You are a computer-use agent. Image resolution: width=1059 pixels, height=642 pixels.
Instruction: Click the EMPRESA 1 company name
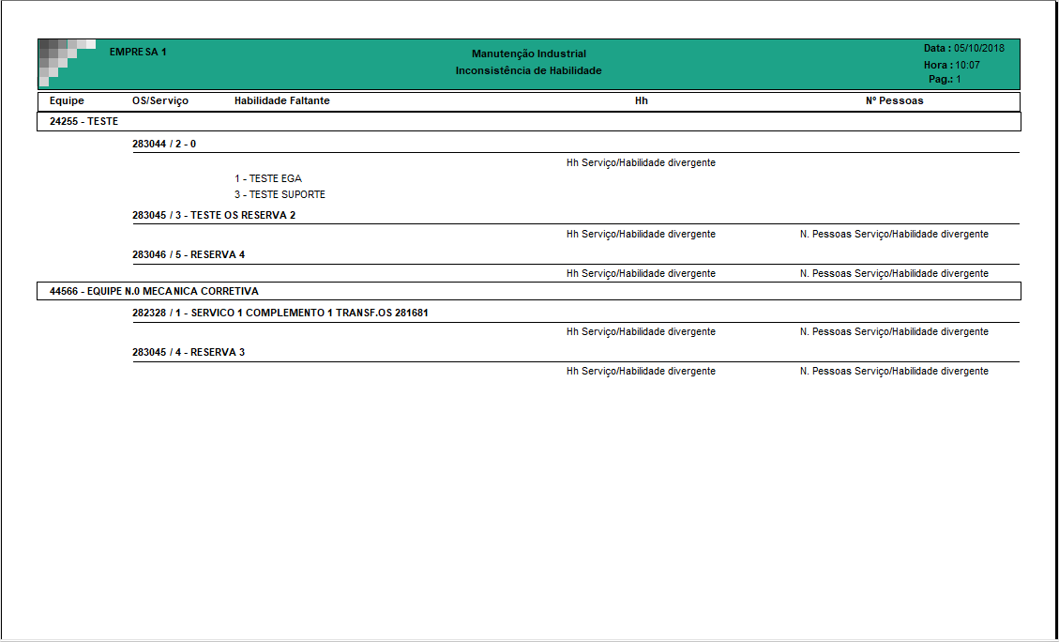pyautogui.click(x=138, y=52)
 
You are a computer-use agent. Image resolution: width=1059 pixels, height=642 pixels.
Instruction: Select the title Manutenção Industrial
pyautogui.click(x=529, y=53)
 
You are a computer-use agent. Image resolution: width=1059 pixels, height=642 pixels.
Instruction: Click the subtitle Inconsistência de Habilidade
pyautogui.click(x=529, y=70)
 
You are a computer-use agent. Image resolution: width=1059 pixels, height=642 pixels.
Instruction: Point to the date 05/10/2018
pyautogui.click(x=979, y=48)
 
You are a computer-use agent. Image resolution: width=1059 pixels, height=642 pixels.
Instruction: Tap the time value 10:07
pyautogui.click(x=968, y=65)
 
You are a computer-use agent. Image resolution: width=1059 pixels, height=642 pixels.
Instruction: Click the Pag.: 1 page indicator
pyautogui.click(x=945, y=80)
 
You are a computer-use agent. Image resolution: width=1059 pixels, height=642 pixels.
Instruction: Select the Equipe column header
pyautogui.click(x=67, y=100)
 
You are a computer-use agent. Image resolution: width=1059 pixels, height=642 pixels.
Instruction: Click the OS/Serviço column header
pyautogui.click(x=160, y=100)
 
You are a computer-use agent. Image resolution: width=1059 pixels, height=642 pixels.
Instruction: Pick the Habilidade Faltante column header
pyautogui.click(x=282, y=100)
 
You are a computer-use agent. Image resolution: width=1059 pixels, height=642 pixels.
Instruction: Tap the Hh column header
pyautogui.click(x=642, y=100)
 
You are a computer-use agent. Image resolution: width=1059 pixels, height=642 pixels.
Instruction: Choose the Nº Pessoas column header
pyautogui.click(x=894, y=100)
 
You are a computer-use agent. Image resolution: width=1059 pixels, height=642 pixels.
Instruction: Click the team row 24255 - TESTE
pyautogui.click(x=83, y=121)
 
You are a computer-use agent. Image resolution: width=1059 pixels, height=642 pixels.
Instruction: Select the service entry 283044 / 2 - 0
pyautogui.click(x=164, y=144)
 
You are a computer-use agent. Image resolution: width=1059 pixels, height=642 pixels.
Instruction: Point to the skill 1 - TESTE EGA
pyautogui.click(x=268, y=178)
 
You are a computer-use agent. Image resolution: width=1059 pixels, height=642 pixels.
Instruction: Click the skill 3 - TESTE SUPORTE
pyautogui.click(x=280, y=194)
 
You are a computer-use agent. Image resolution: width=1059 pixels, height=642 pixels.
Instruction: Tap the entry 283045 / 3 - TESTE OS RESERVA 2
pyautogui.click(x=214, y=215)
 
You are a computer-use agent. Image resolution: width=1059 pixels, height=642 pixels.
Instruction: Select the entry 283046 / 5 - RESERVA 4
pyautogui.click(x=189, y=254)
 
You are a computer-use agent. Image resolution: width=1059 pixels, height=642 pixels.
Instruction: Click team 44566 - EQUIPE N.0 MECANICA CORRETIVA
pyautogui.click(x=154, y=291)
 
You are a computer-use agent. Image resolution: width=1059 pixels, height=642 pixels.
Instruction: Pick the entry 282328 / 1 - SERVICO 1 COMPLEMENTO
pyautogui.click(x=280, y=313)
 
